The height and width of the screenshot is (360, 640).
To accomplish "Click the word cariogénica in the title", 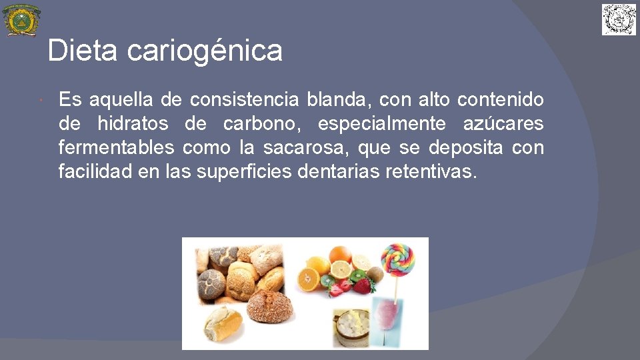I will pyautogui.click(x=205, y=51).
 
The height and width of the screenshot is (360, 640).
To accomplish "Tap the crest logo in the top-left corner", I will pyautogui.click(x=21, y=20).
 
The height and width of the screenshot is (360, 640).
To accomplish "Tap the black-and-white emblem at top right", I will pyautogui.click(x=619, y=19).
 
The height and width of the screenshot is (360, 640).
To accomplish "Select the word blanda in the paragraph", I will pyautogui.click(x=336, y=101).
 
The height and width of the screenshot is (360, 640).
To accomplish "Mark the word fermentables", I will pyautogui.click(x=117, y=147).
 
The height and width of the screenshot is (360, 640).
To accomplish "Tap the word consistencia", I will pyautogui.click(x=245, y=101).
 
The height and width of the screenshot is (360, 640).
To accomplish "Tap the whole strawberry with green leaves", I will pyautogui.click(x=361, y=286).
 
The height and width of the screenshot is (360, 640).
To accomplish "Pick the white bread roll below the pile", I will pyautogui.click(x=223, y=323).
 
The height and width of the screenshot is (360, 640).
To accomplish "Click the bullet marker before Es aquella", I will pyautogui.click(x=41, y=101).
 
